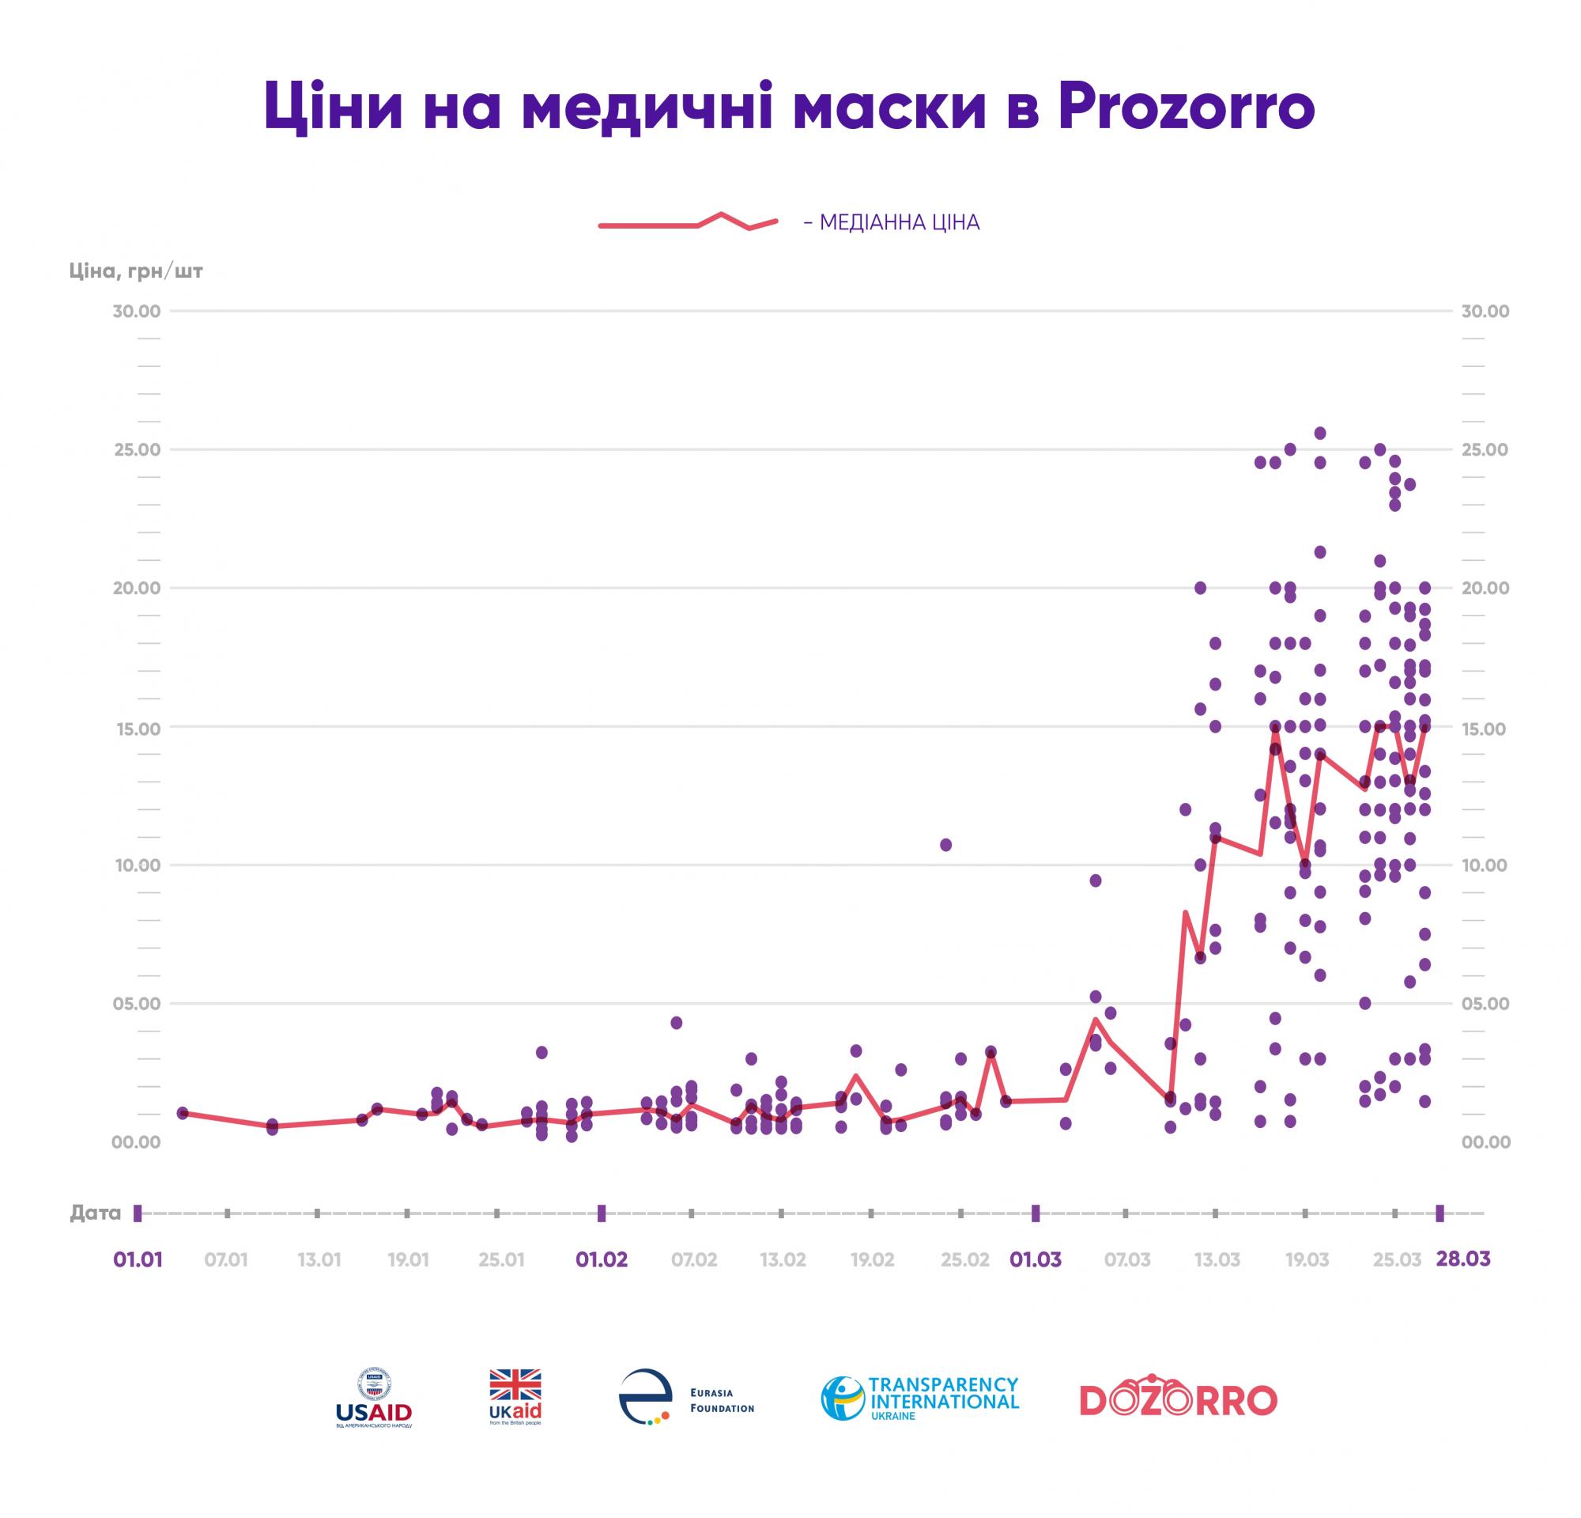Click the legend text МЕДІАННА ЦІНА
899,223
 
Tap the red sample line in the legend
687,222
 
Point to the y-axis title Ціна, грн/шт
135,271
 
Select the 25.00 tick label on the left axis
137,449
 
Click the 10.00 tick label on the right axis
1484,865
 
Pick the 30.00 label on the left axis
137,312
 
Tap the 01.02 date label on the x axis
601,1260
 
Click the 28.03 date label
1462,1259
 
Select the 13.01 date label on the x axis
319,1260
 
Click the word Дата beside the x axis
95,1213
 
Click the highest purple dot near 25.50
1319,433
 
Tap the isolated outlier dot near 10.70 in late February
945,845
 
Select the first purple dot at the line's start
183,1113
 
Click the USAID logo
373,1398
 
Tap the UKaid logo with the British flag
515,1397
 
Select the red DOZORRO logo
1179,1399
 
